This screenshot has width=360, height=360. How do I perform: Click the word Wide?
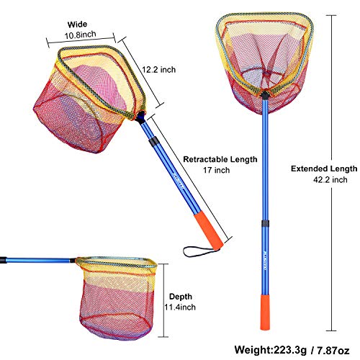tap(77, 24)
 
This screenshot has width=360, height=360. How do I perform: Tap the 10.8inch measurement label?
tap(81, 35)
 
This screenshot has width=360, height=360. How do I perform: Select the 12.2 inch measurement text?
tap(159, 70)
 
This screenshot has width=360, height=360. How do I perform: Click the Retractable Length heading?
tap(220, 159)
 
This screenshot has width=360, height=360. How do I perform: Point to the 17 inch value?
tap(216, 170)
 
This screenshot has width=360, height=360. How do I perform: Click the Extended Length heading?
tap(324, 168)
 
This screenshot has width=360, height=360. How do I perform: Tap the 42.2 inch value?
tap(330, 180)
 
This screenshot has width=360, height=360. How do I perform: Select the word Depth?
tap(181, 297)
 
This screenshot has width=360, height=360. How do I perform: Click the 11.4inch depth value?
tap(180, 307)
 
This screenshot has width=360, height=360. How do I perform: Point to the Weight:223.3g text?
tap(271, 350)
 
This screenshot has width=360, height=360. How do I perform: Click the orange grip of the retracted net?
tap(208, 230)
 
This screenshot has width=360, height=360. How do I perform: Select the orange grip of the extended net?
tap(265, 312)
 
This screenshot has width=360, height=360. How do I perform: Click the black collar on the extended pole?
tap(265, 223)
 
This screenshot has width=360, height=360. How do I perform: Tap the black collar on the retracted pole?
tap(153, 141)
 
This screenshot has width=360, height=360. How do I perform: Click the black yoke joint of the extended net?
tap(265, 94)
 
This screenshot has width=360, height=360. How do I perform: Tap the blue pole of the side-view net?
tap(38, 260)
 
